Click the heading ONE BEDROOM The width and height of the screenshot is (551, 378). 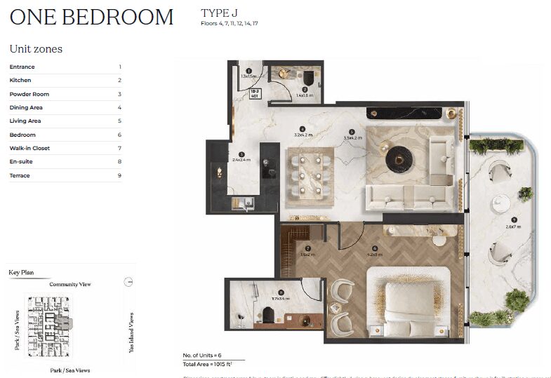91,17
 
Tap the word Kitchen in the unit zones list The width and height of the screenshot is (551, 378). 20,81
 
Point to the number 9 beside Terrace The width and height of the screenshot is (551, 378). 119,175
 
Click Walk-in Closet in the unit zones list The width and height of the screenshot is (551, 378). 29,148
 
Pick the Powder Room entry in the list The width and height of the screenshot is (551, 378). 29,94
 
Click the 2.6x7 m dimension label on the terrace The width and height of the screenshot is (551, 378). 512,226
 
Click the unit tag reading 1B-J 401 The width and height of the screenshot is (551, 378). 256,95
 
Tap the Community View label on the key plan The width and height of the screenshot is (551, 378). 69,285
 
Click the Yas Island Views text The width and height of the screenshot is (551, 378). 131,331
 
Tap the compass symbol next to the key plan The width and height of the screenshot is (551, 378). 127,282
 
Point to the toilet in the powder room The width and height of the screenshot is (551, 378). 310,76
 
